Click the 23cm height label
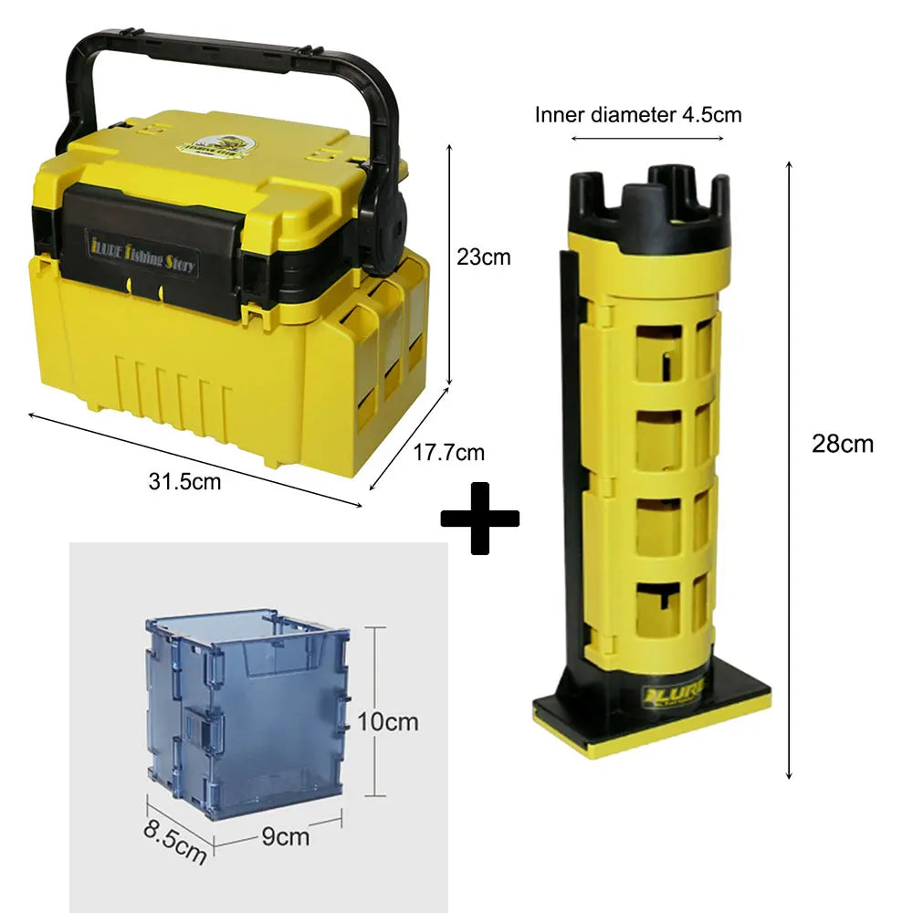483,258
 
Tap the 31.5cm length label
185,481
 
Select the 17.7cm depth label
448,452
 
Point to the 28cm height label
843,445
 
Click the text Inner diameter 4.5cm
638,114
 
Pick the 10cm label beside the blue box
387,721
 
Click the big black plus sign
480,518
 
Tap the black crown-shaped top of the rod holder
648,201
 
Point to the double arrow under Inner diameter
647,140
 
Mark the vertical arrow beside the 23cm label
449,265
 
